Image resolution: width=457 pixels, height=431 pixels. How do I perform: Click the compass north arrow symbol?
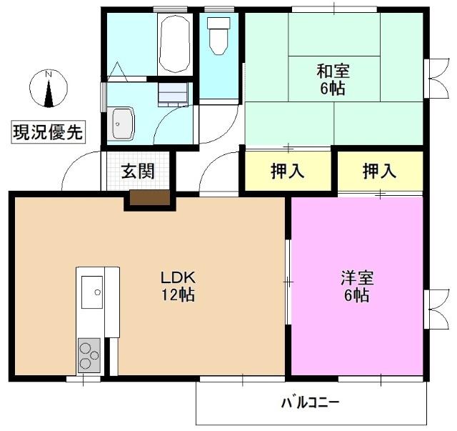pos(49,91)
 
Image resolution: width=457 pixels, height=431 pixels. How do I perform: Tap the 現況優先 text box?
pos(48,132)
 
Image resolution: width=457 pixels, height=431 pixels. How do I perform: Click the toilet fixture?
pos(218,34)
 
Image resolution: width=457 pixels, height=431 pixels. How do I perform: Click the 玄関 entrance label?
pos(137,172)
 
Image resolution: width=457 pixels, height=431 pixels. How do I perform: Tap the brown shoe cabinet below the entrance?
pos(149,199)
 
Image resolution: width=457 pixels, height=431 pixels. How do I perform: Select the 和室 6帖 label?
pos(333,79)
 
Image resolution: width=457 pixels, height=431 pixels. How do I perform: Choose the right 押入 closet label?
pos(379,172)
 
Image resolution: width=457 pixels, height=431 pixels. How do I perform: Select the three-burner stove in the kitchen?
pos(89,355)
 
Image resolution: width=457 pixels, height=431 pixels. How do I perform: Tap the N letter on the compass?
pos(49,74)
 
